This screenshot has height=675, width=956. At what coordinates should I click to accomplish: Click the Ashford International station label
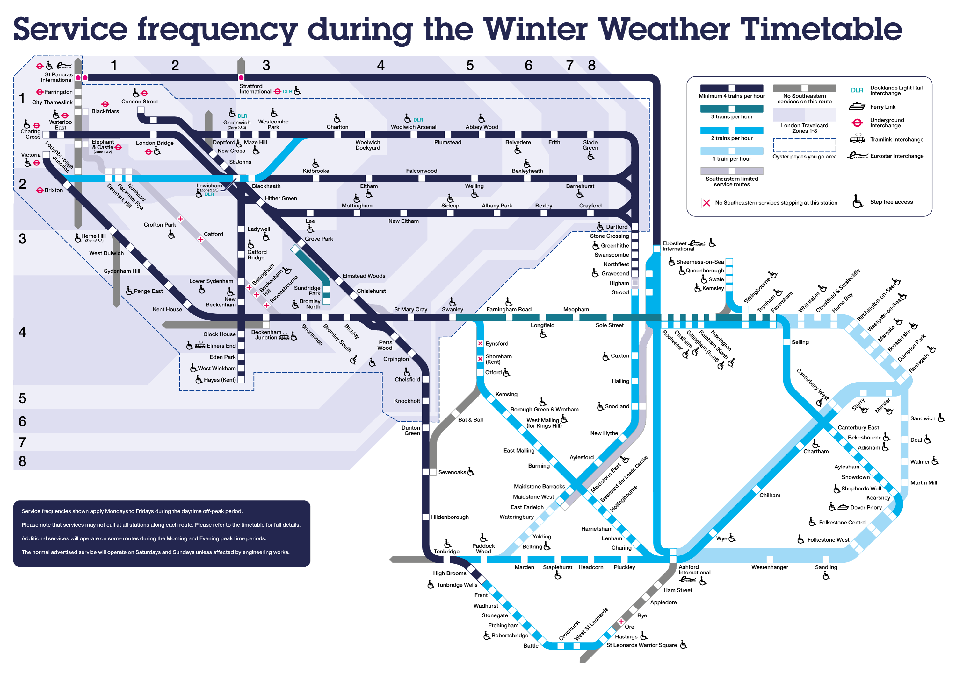click(x=694, y=569)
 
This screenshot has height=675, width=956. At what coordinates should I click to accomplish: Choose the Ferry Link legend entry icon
click(x=857, y=107)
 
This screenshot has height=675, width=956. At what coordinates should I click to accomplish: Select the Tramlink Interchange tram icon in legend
click(x=857, y=139)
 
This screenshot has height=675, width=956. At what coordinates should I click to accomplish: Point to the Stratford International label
click(x=255, y=88)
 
